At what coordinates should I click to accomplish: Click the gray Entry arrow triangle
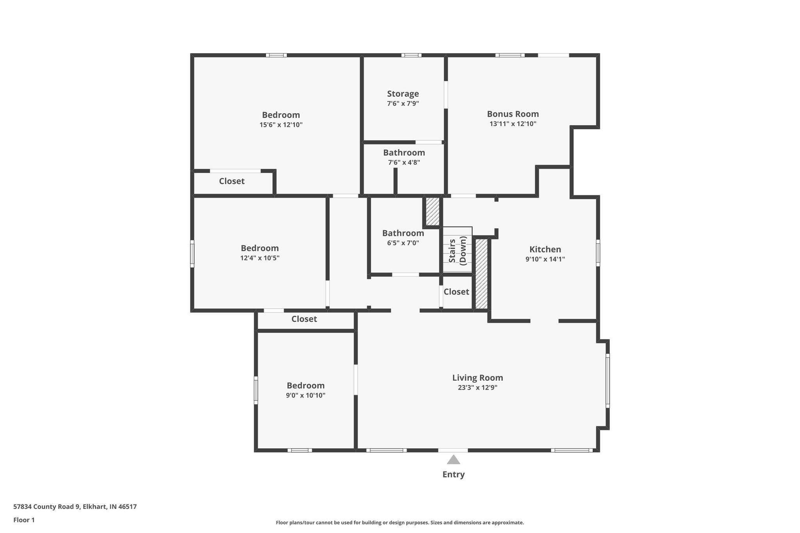[453, 460]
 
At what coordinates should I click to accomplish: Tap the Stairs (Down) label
[457, 251]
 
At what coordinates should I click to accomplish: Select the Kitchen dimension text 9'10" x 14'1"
[545, 259]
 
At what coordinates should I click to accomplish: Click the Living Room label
[477, 378]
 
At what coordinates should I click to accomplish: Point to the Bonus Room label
[512, 114]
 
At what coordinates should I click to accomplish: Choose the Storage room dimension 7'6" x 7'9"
[403, 103]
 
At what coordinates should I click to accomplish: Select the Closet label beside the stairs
[456, 292]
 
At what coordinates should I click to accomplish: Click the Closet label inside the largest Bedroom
[232, 181]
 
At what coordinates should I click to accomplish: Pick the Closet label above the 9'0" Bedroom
[304, 319]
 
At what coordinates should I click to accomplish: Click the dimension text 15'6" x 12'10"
[281, 125]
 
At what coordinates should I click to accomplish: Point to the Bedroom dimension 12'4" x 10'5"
[260, 258]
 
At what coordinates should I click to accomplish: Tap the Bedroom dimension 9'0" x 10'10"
[305, 395]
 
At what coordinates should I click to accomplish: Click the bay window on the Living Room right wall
[607, 381]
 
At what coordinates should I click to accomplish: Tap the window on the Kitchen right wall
[598, 253]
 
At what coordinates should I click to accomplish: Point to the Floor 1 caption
[24, 520]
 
